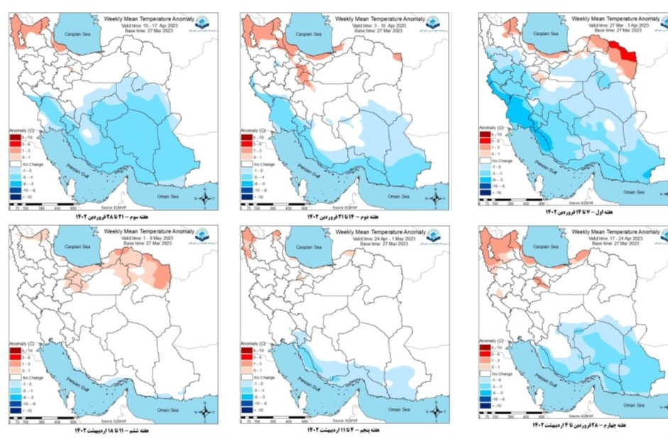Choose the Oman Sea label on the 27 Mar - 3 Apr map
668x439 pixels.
(633, 192)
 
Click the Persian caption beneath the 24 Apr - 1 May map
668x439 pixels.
(345, 430)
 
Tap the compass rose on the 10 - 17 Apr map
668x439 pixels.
(204, 196)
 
